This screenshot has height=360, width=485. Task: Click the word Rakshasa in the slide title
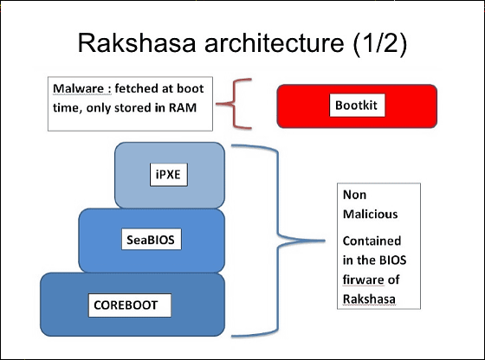pos(137,42)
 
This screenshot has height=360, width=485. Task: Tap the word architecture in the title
pos(274,42)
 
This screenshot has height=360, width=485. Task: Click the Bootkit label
pos(356,106)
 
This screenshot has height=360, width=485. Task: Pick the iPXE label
pos(168,175)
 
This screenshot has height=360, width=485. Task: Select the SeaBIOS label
pos(151,240)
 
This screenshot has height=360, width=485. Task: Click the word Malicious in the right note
pos(371,214)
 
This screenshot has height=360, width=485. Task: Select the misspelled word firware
pos(364,280)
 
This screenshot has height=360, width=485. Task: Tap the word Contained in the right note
pos(372,241)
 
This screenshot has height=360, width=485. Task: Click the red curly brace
pos(234,104)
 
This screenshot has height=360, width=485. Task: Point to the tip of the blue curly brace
pos(325,240)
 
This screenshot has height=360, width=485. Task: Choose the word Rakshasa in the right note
pos(369,299)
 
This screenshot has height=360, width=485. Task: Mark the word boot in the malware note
pos(191,88)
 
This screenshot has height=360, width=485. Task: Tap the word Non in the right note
pos(355,195)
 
